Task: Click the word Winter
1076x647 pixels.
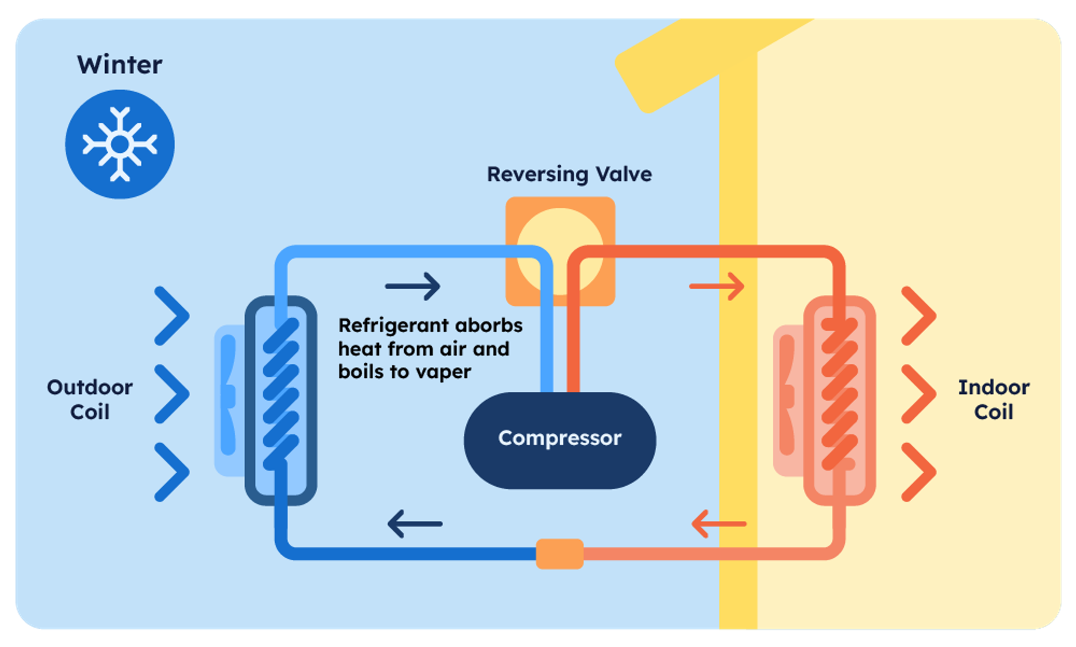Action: [120, 65]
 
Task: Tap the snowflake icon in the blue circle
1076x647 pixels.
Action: [120, 144]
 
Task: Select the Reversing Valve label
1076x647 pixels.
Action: [569, 174]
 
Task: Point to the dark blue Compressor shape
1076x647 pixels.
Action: [559, 440]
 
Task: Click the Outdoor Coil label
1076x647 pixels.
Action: [90, 399]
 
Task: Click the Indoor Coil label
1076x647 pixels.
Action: [993, 399]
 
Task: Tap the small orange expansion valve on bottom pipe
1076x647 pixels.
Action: [559, 553]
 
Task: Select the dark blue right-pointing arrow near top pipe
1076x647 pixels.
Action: [413, 286]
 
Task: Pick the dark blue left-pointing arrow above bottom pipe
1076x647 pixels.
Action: [415, 524]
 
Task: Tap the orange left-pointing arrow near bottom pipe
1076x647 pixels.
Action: [718, 524]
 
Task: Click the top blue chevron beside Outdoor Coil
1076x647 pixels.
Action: [172, 316]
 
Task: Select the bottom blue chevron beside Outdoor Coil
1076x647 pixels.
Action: [172, 472]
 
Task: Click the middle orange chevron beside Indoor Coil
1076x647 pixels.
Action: [919, 394]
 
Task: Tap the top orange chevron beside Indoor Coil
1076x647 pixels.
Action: [919, 316]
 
